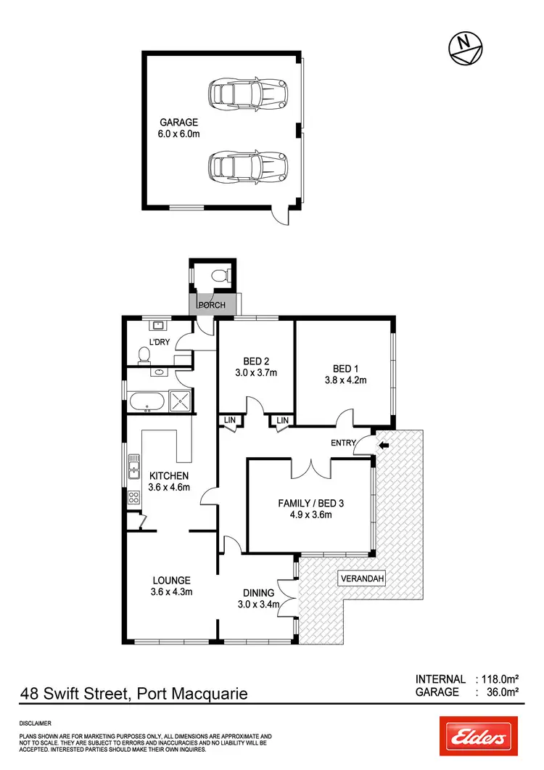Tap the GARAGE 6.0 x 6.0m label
[x=178, y=128]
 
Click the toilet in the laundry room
[x=144, y=355]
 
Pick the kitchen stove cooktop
[x=133, y=498]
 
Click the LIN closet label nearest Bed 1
[x=281, y=420]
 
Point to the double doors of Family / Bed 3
[x=313, y=469]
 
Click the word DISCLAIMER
[x=36, y=724]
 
